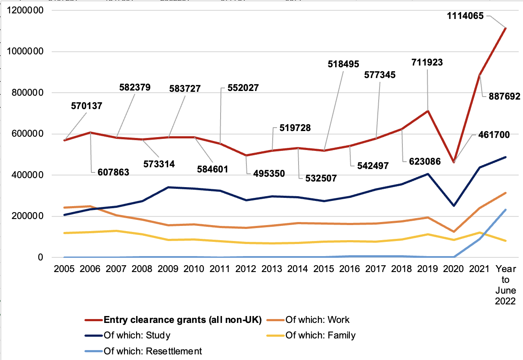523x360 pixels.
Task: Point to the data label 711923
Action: pos(427,63)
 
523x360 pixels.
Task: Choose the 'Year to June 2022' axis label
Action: pos(505,285)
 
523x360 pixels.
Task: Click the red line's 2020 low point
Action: pos(454,162)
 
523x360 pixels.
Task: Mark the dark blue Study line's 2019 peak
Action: pos(428,174)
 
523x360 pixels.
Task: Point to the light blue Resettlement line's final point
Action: pos(505,210)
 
